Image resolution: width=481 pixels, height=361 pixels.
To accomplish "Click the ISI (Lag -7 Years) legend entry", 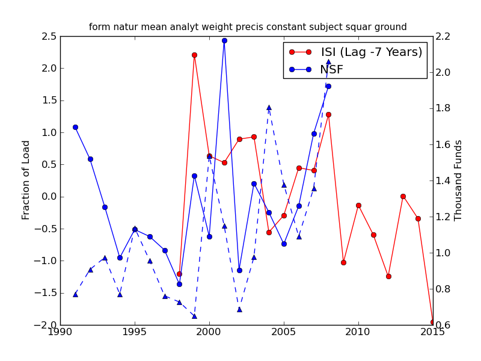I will tap(371, 52).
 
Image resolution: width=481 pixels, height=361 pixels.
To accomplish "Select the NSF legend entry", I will tap(331, 70).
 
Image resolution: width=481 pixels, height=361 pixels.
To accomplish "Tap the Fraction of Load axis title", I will tap(26, 180).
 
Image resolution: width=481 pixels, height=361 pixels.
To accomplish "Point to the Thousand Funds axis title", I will tap(458, 180).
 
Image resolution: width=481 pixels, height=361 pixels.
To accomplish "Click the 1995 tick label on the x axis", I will tap(135, 333).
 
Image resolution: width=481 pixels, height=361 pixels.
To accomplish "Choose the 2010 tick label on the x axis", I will tap(358, 333).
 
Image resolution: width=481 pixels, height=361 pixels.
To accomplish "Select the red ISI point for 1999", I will tap(194, 55).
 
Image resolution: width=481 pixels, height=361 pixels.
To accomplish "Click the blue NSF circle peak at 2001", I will tap(224, 40).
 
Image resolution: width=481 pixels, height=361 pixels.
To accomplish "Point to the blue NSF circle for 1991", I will tap(75, 127).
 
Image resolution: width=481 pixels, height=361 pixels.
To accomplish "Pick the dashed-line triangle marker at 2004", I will tap(269, 107).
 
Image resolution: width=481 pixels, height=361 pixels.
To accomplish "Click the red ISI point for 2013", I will tap(403, 196).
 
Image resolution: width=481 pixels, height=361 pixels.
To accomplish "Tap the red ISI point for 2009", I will tap(343, 262).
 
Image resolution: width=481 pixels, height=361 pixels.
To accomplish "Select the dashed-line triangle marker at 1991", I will tap(75, 294).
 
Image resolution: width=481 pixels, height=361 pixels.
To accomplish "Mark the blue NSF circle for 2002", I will tap(239, 270).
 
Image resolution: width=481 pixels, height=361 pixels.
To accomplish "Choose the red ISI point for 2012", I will tap(388, 276).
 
